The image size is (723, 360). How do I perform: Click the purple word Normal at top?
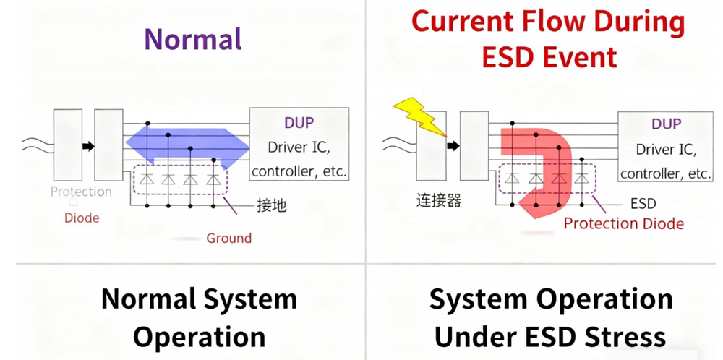193,39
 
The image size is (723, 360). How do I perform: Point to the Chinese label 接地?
272,205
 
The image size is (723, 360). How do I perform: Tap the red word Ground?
228,239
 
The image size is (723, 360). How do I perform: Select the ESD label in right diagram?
643,203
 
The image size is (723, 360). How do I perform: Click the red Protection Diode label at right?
624,223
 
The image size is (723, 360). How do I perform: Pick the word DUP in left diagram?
299,123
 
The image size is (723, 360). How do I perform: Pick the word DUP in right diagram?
667,124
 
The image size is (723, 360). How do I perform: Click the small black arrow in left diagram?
88,146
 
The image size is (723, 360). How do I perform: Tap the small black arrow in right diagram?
453,145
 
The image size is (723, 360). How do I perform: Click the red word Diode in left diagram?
82,218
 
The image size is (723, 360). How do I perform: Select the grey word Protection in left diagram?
81,192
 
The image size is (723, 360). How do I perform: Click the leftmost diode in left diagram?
147,179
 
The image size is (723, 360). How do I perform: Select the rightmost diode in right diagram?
581,179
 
